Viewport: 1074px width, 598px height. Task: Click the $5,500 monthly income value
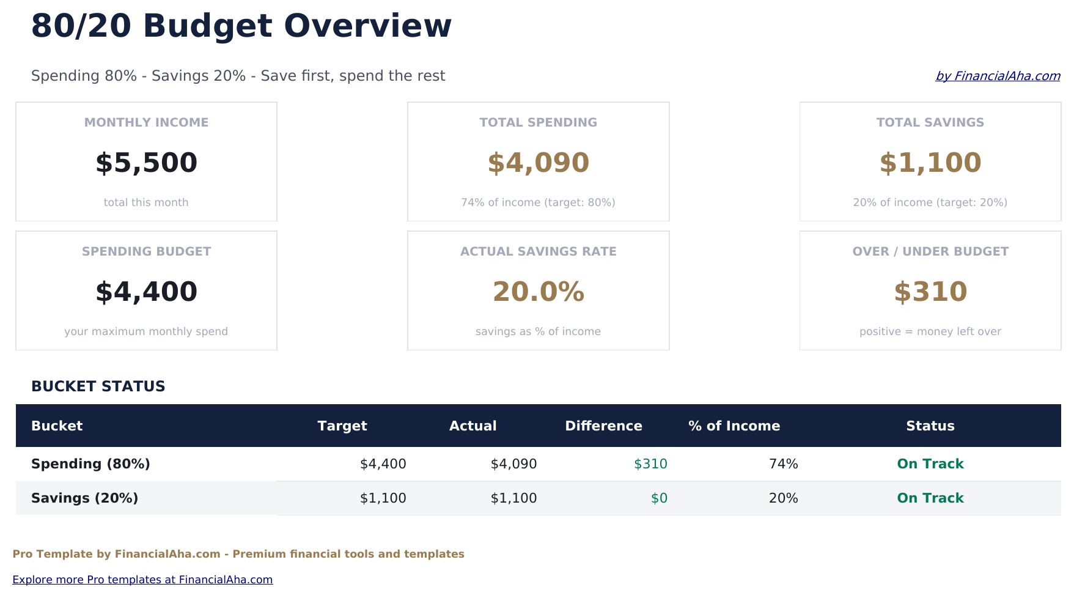tap(146, 163)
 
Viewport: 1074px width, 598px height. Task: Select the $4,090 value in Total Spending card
tap(538, 163)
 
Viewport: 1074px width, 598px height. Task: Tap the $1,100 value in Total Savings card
tap(930, 163)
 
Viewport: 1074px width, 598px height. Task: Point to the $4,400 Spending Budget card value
tap(146, 292)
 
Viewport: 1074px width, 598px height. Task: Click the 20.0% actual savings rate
tap(538, 292)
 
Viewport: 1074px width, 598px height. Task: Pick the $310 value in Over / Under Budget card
tap(930, 292)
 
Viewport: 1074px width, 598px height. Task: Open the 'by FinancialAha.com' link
tap(997, 76)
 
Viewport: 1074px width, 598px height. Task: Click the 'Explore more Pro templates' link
tap(142, 580)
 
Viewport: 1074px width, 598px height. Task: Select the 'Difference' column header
tap(603, 426)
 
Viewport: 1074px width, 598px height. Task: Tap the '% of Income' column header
tap(734, 426)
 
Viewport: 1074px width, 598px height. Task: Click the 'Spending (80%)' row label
tap(90, 464)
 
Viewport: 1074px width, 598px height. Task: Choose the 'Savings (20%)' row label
tap(84, 498)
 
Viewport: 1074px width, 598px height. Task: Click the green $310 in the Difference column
tap(650, 464)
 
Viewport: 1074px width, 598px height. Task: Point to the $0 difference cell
tap(659, 498)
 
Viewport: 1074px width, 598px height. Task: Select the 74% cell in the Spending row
tap(783, 464)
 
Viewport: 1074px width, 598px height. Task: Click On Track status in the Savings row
tap(930, 498)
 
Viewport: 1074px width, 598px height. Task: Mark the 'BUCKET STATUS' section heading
tap(98, 386)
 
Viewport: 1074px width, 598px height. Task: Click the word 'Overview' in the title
tap(367, 26)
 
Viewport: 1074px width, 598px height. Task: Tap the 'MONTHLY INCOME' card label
tap(146, 122)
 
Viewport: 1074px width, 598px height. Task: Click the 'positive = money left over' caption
tap(930, 331)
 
